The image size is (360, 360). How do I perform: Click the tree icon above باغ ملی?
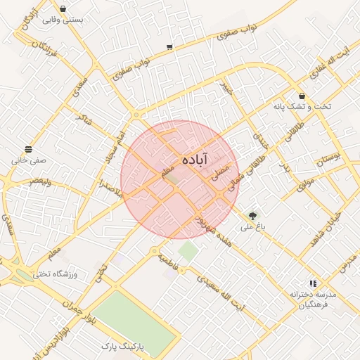click(252, 214)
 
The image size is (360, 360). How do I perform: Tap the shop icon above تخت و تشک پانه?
click(302, 96)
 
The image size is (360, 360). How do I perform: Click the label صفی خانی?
click(28, 160)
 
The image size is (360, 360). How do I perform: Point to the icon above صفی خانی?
click(28, 149)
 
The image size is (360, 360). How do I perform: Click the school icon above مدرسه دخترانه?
click(312, 283)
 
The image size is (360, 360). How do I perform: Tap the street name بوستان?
click(327, 159)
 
